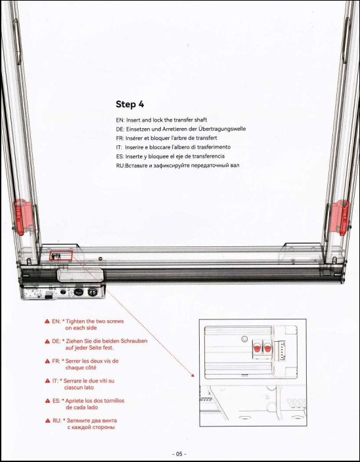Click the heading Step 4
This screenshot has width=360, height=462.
click(x=129, y=104)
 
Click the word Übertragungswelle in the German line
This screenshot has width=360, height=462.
click(x=222, y=129)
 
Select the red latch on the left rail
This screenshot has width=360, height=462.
click(x=23, y=217)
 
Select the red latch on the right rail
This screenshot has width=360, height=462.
click(x=340, y=217)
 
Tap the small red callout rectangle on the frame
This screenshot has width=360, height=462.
click(x=60, y=256)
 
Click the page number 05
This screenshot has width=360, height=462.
click(x=179, y=454)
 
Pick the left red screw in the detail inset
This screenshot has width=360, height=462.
click(x=257, y=348)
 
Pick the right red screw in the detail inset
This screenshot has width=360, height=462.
click(x=267, y=348)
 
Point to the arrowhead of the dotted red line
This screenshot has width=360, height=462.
click(x=192, y=375)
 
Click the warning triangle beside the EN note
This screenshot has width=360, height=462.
click(x=47, y=321)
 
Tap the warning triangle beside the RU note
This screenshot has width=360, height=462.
click(x=48, y=421)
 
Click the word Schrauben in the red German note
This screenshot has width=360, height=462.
click(x=134, y=341)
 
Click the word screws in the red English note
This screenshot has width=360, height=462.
click(x=114, y=321)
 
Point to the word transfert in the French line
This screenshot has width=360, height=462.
click(x=206, y=138)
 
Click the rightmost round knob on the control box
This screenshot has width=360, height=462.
click(x=92, y=292)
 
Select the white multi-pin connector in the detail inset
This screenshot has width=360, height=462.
click(x=279, y=350)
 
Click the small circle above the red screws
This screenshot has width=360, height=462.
click(x=244, y=339)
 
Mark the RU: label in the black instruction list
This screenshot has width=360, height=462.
click(x=120, y=166)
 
